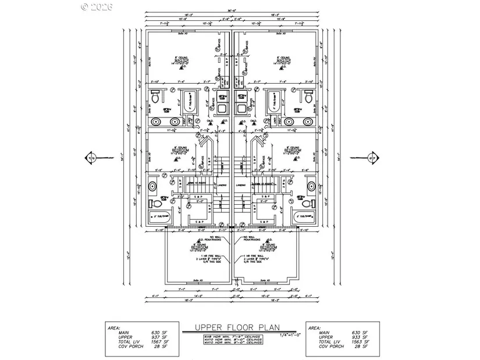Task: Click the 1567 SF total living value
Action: tap(158, 342)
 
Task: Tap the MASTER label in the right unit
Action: tap(284, 60)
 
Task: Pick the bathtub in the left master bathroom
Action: tap(190, 103)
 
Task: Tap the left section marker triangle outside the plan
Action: tap(91, 158)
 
